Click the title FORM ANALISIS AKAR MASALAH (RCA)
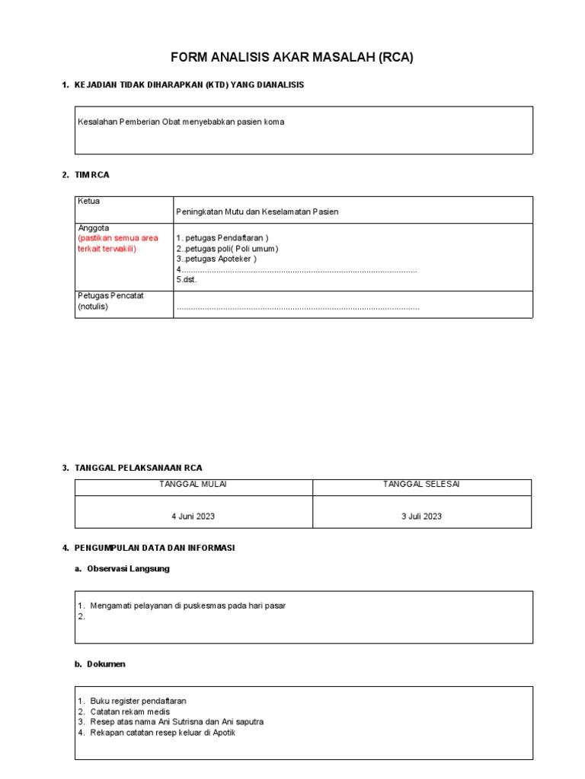tap(292, 58)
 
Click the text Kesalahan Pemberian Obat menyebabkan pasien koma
tap(181, 122)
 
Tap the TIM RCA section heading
tap(92, 175)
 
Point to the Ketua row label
tap(89, 202)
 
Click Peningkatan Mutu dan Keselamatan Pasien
tap(257, 212)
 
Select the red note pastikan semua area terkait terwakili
tap(118, 243)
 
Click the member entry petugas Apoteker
tap(219, 259)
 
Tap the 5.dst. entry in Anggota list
tap(187, 280)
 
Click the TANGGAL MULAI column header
tap(193, 485)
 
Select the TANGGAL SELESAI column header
tap(421, 485)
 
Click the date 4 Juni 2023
tap(193, 517)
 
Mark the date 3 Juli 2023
tap(421, 517)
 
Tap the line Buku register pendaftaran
tap(138, 701)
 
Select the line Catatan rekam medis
tap(130, 711)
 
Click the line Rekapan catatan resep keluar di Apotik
tap(168, 733)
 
